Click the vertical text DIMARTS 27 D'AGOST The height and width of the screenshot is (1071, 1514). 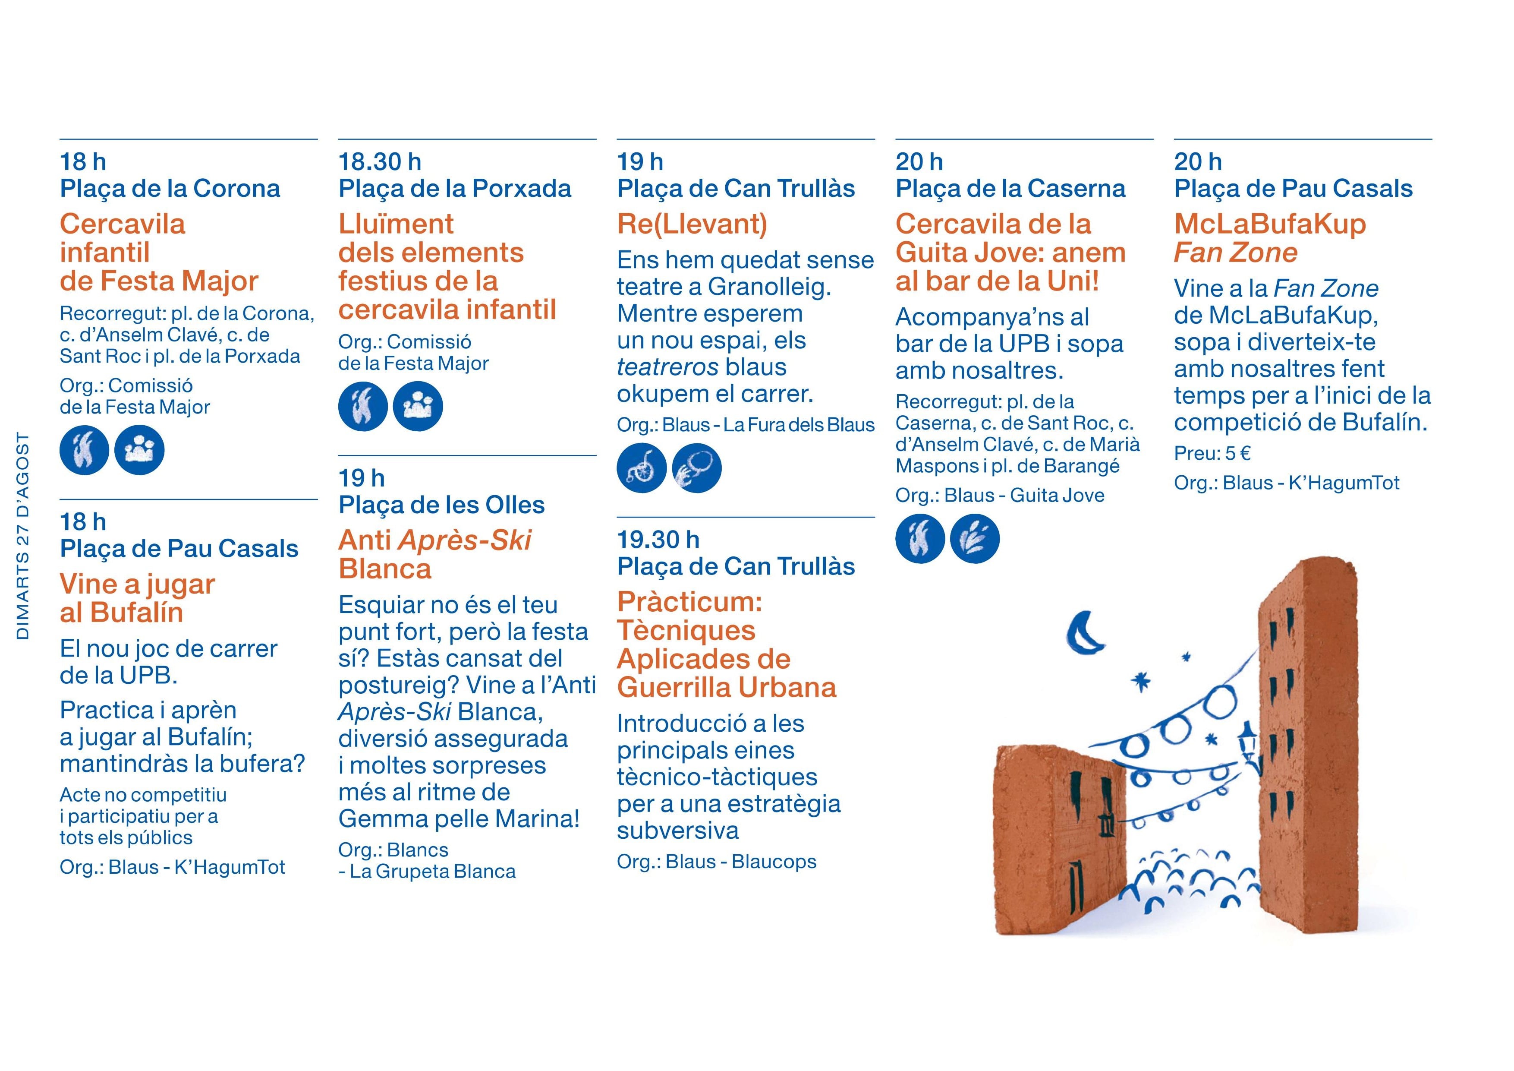click(x=23, y=536)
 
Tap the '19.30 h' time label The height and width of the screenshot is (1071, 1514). click(x=658, y=540)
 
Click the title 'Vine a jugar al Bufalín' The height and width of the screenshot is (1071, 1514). click(x=137, y=598)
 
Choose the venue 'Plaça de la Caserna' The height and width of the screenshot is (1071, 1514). click(x=1010, y=189)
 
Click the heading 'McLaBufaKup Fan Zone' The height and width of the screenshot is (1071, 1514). click(x=1270, y=238)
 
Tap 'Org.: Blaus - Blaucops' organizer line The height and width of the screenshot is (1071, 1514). click(x=717, y=862)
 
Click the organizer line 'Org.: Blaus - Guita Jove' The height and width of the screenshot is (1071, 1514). click(x=1000, y=496)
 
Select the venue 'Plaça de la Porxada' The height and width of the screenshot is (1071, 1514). click(x=455, y=189)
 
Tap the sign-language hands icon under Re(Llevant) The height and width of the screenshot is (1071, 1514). click(x=697, y=468)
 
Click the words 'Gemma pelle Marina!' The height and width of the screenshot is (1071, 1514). click(x=459, y=819)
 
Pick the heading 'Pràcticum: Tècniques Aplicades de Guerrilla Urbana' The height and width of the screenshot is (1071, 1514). click(x=727, y=644)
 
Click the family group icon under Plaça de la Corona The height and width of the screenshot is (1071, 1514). click(x=139, y=450)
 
